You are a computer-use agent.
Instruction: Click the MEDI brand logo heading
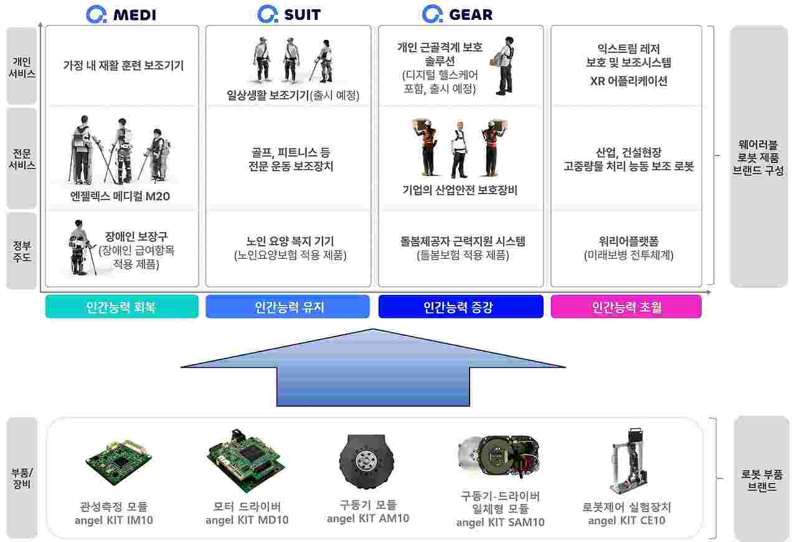click(121, 14)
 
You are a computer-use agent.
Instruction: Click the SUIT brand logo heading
click(289, 14)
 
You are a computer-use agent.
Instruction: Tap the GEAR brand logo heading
click(457, 14)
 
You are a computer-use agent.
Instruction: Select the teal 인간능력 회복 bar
click(121, 307)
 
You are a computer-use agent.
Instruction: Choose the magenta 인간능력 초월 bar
click(626, 307)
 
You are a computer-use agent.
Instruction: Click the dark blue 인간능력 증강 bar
click(461, 307)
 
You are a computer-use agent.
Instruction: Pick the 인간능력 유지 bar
click(288, 307)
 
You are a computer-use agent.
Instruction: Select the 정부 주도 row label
click(22, 250)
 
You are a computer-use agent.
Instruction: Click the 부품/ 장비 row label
click(22, 478)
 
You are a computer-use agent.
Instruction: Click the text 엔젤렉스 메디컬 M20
click(120, 197)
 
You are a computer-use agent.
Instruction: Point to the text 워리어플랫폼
click(628, 241)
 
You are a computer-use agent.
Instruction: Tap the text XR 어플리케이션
click(628, 81)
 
